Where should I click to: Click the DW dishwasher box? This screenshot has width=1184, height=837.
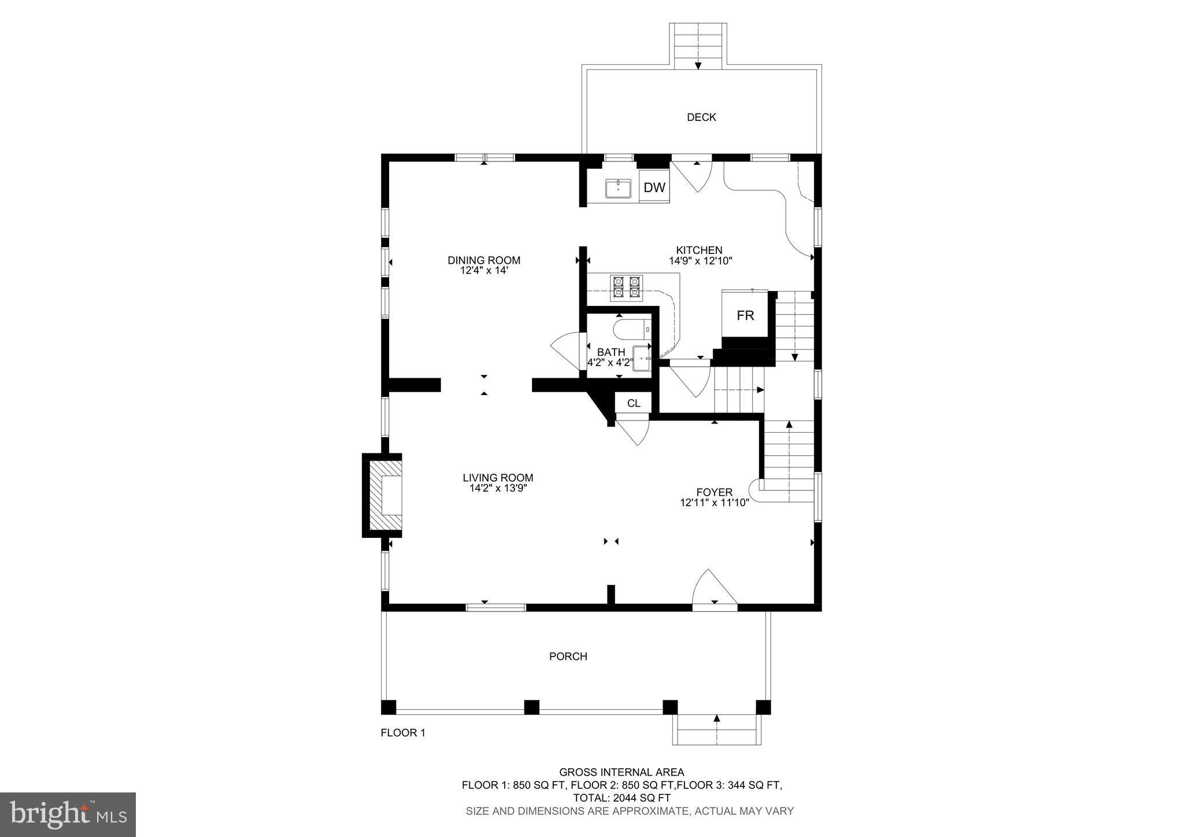coord(654,187)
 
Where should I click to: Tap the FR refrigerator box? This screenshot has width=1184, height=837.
coord(745,315)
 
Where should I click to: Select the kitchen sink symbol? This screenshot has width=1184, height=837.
coord(618,189)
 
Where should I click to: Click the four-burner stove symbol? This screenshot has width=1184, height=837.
coord(627,287)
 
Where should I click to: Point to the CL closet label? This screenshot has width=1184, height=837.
coord(634,403)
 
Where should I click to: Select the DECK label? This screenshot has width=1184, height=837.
coord(701,117)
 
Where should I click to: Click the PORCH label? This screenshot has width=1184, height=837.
coord(568,657)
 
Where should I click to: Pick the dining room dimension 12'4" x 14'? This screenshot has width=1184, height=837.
coord(484,270)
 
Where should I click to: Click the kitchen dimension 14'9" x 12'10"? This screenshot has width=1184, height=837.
coord(700,261)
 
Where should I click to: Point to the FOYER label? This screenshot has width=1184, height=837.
coord(715,492)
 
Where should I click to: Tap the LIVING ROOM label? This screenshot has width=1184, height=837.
coord(498,478)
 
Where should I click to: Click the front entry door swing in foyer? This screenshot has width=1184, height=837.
coord(714,590)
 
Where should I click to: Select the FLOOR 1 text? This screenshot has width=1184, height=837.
coord(403,733)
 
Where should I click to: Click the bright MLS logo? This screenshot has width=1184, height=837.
coord(68,814)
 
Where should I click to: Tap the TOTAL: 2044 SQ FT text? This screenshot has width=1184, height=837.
coord(621,798)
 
